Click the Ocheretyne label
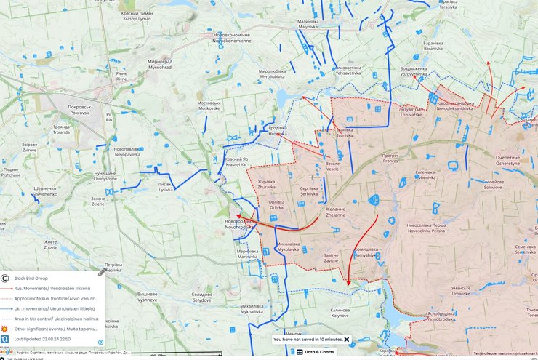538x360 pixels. (508, 161)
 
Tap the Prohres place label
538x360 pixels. (391, 159)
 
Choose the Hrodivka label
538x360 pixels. (278, 131)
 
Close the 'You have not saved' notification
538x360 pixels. (347, 340)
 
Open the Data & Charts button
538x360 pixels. (316, 352)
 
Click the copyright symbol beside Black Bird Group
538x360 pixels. (6, 278)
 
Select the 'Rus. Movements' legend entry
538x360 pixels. (57, 288)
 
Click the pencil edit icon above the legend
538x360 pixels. (103, 273)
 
